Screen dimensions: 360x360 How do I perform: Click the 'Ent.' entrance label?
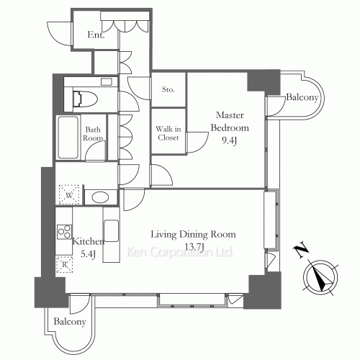pos(96,35)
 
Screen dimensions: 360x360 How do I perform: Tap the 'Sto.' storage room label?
pos(168,89)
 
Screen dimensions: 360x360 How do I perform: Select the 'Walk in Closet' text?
pos(168,133)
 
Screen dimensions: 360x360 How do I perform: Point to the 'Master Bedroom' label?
pos(230,122)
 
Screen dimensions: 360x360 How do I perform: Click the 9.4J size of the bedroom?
pos(230,141)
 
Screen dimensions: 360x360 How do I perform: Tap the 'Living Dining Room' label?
pos(193,234)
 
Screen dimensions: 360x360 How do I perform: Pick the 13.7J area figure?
pos(194,247)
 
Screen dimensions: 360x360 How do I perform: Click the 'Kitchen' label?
pos(89,241)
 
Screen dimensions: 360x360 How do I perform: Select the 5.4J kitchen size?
pos(88,254)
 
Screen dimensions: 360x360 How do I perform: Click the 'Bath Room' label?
pos(93,134)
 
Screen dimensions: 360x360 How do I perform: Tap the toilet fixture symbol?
pos(85,99)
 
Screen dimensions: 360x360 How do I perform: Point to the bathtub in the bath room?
pos(68,138)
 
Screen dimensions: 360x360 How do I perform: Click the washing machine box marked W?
pos(69,195)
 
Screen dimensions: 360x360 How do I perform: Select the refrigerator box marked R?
pos(64,264)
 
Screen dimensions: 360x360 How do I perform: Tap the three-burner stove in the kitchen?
pos(64,232)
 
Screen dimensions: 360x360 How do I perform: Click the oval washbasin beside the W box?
pos(100,197)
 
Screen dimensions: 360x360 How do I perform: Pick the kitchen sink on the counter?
pos(111,230)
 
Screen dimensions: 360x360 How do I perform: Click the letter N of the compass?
pos(301,251)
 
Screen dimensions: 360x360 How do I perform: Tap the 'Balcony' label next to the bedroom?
pos(302,97)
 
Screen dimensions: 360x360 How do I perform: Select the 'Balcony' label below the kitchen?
pos(70,322)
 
